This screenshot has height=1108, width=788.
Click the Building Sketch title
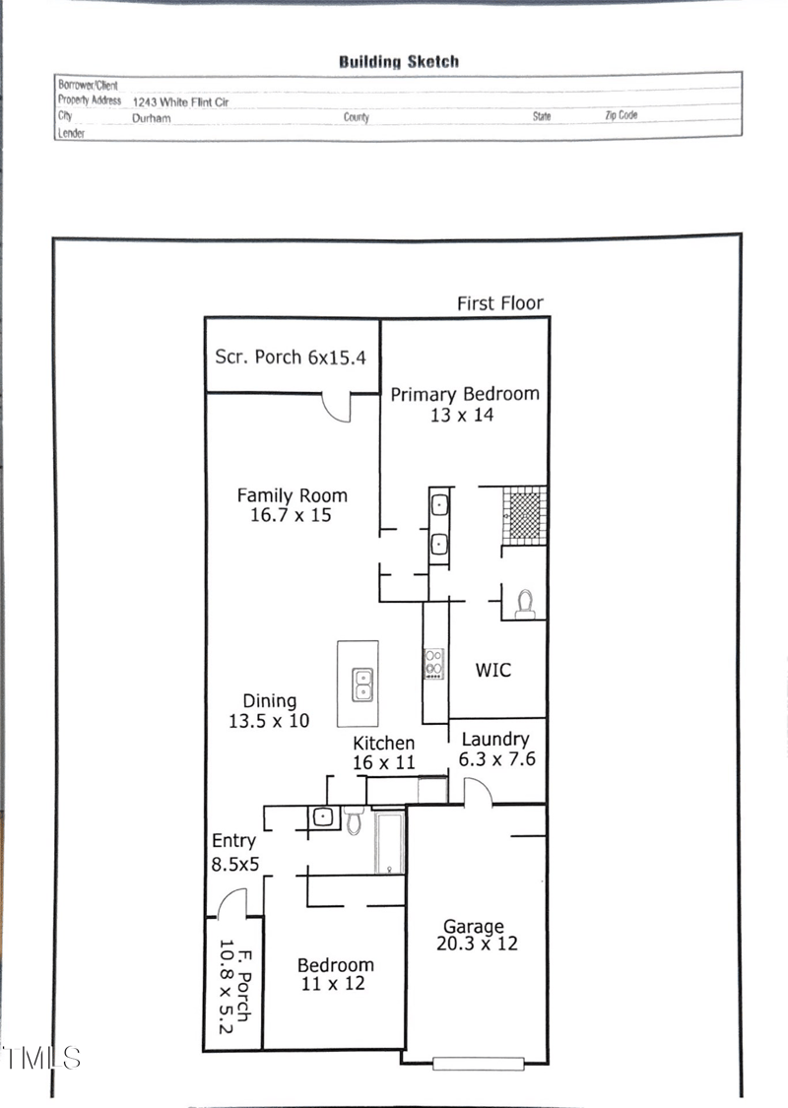[x=399, y=61]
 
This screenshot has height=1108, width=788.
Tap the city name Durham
[x=151, y=117]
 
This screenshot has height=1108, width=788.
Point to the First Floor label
[x=499, y=303]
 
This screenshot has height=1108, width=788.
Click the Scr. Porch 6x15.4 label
[x=291, y=357]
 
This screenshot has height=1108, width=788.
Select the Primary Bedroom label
[x=465, y=394]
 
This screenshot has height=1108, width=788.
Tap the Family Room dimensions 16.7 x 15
[x=291, y=515]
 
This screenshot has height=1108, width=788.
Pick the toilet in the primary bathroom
[x=525, y=602]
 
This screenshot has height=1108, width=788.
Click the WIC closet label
[x=493, y=670]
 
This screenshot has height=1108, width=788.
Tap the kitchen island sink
[x=362, y=684]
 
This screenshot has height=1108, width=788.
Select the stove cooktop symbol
[x=433, y=663]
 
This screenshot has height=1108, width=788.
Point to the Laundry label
[x=495, y=739]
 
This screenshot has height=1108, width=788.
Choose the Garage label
[x=473, y=926]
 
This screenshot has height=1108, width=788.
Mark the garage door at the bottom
[x=476, y=1063]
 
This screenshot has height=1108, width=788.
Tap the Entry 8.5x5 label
[x=234, y=852]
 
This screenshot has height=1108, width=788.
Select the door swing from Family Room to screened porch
[x=338, y=407]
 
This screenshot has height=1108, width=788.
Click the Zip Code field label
[x=621, y=115]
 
